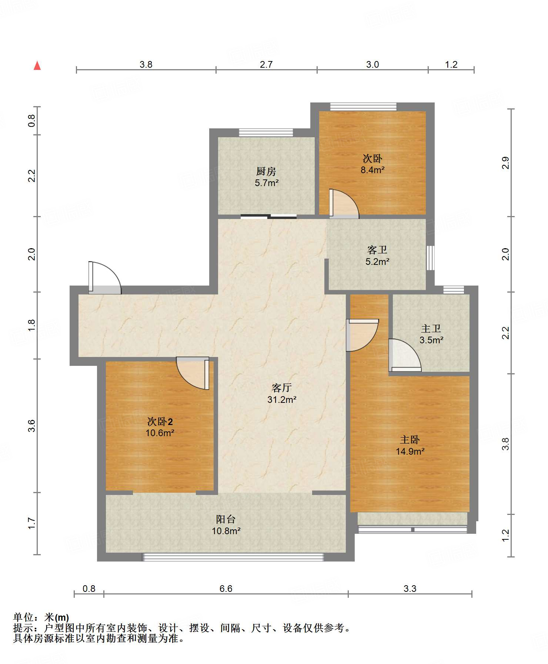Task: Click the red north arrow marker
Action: click(x=37, y=65)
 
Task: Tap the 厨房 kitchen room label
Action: click(x=266, y=171)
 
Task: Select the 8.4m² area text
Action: click(x=372, y=170)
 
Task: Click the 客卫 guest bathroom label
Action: click(x=377, y=250)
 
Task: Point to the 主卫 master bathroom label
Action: click(x=431, y=328)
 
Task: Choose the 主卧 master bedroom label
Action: click(x=410, y=439)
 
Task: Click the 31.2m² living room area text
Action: click(x=282, y=400)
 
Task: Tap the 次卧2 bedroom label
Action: click(x=160, y=421)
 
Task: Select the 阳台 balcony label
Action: click(x=226, y=519)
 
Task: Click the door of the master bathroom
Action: click(x=405, y=355)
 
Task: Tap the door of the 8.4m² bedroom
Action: click(x=344, y=204)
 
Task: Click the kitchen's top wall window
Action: click(x=266, y=132)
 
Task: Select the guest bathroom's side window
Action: click(x=430, y=258)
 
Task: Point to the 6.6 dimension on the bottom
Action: click(x=226, y=589)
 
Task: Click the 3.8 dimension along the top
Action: click(x=146, y=64)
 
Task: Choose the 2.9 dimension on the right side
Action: click(x=505, y=163)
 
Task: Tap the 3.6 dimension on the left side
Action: click(x=32, y=425)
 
